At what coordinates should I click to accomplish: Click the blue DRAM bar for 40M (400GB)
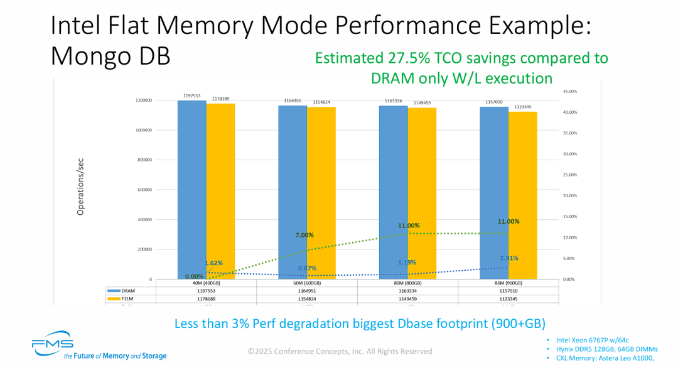[x=192, y=188]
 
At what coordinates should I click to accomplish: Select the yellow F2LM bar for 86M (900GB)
[x=523, y=195]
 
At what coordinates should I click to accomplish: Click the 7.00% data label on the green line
[x=304, y=235]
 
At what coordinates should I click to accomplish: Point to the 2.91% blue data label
[x=509, y=258]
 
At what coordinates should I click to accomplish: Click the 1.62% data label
[x=213, y=263]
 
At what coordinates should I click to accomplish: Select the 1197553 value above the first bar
[x=192, y=95]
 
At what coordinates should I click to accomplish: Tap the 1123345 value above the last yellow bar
[x=523, y=107]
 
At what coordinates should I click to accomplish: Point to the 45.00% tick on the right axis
[x=569, y=91]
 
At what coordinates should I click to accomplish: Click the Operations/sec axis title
[x=80, y=186]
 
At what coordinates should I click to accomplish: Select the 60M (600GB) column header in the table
[x=307, y=283]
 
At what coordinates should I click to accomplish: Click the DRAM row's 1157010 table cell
[x=508, y=291]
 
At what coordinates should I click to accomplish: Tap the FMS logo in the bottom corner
[x=53, y=345]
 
